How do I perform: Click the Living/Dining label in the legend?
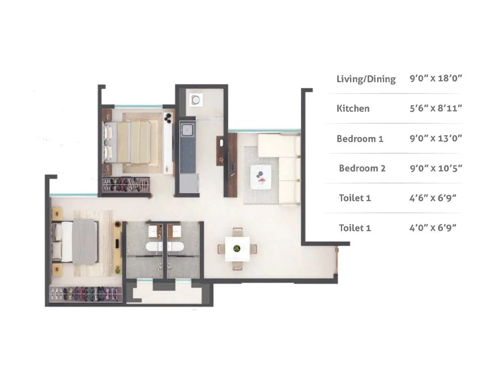(x=366, y=79)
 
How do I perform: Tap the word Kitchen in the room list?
(x=353, y=109)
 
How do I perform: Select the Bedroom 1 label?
(x=360, y=139)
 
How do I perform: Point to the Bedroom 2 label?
(x=362, y=168)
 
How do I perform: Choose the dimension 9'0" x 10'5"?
(x=436, y=168)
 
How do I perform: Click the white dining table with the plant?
(x=237, y=249)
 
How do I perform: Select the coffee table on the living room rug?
(x=261, y=177)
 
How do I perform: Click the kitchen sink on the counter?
(x=187, y=129)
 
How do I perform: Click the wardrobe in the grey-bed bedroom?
(x=86, y=294)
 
